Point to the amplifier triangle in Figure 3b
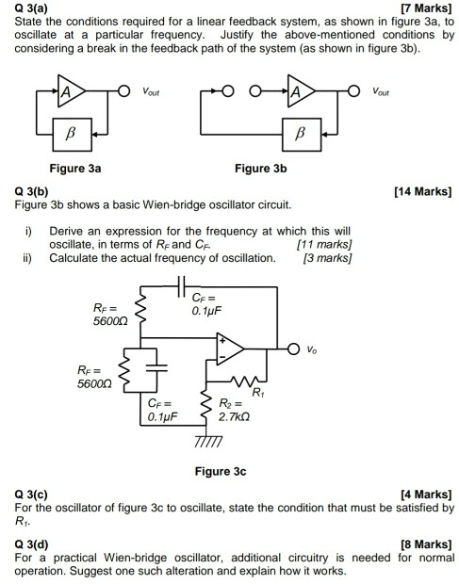click(x=303, y=92)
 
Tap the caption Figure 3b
click(x=260, y=169)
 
